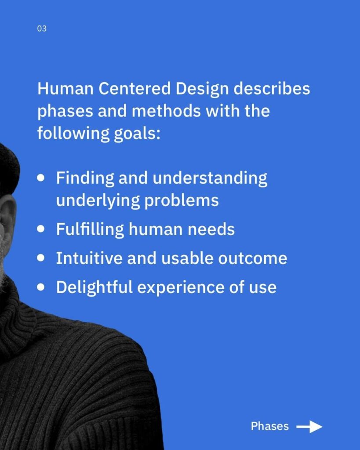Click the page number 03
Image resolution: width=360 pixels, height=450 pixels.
click(42, 29)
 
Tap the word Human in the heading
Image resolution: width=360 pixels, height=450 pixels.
click(65, 88)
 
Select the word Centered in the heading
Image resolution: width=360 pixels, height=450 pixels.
click(135, 88)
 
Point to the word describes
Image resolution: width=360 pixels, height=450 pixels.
click(272, 88)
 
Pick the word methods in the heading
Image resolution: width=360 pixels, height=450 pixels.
click(166, 111)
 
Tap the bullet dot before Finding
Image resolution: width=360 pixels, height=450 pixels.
click(41, 178)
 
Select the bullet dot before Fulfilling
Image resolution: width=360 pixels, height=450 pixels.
click(41, 229)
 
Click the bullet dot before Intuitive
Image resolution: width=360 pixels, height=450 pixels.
click(41, 258)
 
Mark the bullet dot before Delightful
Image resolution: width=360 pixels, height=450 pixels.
click(41, 287)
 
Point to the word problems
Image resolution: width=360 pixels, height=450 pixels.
click(182, 201)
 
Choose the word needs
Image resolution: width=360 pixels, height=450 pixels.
click(211, 229)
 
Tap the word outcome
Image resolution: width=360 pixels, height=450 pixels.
click(253, 258)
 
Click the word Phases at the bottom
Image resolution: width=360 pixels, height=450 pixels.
click(269, 426)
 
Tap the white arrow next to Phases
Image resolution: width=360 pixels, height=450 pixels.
click(309, 427)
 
